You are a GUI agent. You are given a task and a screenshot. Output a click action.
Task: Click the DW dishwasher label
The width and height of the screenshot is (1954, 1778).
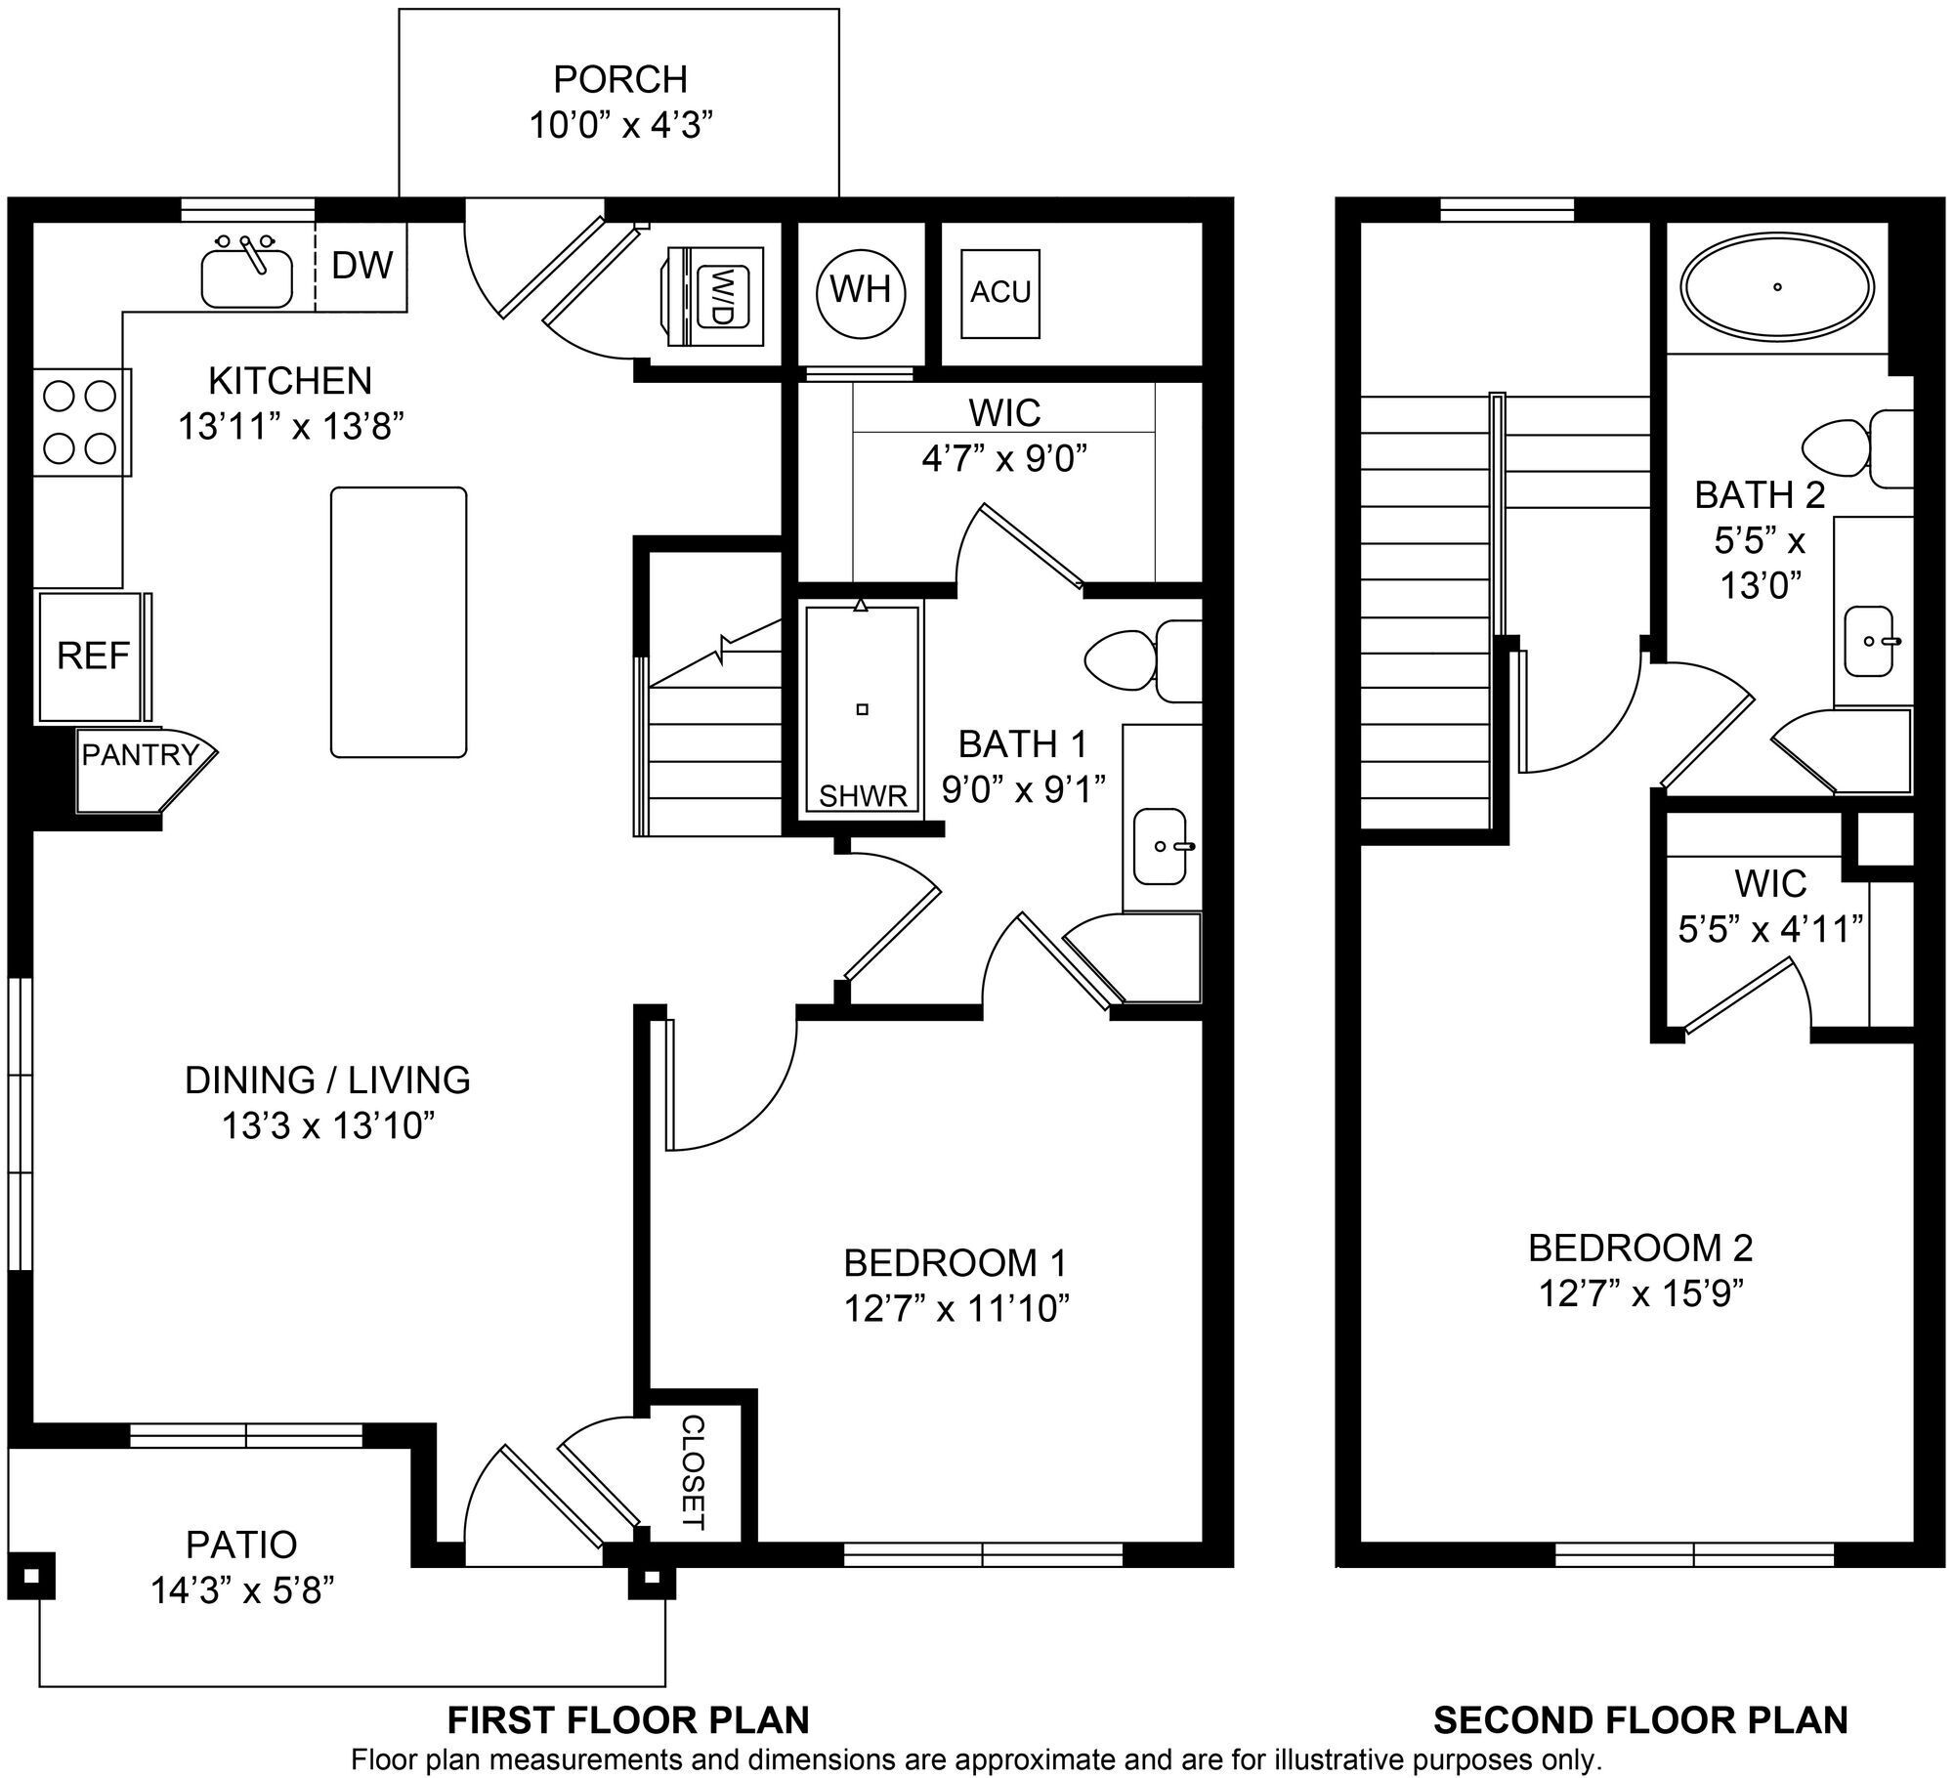[361, 266]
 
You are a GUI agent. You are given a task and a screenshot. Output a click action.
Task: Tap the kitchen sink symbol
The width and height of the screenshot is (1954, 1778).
[246, 275]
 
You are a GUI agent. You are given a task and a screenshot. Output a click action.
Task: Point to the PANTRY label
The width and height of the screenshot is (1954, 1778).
[140, 755]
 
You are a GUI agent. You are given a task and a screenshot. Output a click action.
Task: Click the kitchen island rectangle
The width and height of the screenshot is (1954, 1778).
[399, 622]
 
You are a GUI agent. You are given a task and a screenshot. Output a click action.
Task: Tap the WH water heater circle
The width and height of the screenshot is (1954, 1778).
[860, 290]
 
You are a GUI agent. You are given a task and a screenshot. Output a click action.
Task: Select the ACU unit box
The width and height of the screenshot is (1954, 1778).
[1000, 293]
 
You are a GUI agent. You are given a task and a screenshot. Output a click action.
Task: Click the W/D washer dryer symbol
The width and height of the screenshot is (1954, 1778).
[721, 296]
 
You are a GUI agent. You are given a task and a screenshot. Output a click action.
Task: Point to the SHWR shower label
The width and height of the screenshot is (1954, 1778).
[863, 796]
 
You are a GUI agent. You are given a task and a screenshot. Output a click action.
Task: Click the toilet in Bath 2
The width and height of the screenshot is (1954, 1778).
[1856, 449]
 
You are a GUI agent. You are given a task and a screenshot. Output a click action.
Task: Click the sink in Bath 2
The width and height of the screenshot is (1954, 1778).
[1870, 641]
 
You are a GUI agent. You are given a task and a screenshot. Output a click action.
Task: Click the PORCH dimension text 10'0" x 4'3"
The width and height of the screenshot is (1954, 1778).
[620, 126]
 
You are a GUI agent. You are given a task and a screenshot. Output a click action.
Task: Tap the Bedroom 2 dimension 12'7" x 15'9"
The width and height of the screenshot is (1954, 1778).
[1641, 1293]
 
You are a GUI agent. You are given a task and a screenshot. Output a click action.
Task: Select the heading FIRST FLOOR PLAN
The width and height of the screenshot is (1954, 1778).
[628, 1719]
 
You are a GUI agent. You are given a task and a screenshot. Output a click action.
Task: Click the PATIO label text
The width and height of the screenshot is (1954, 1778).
[241, 1545]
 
